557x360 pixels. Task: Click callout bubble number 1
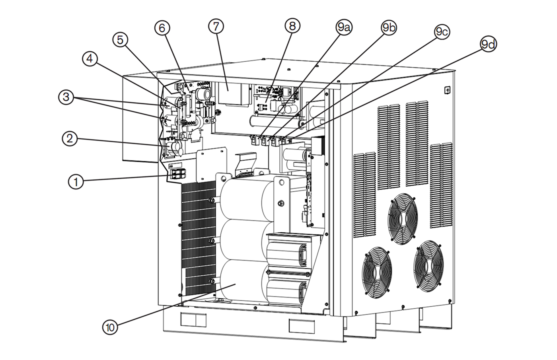click(75, 182)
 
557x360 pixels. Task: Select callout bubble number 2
click(70, 138)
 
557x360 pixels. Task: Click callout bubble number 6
click(162, 28)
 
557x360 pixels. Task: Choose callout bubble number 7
click(216, 26)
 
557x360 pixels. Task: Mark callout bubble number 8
click(292, 26)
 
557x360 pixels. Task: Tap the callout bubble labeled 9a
click(344, 27)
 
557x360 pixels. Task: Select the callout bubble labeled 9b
click(389, 27)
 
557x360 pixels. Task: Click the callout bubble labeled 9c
click(442, 32)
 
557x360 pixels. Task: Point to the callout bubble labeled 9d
click(488, 45)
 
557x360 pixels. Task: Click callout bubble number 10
click(110, 327)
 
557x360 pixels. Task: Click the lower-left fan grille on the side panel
click(377, 271)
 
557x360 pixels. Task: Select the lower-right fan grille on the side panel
click(428, 265)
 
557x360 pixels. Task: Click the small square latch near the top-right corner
click(448, 90)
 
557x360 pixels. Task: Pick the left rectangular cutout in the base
click(193, 319)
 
